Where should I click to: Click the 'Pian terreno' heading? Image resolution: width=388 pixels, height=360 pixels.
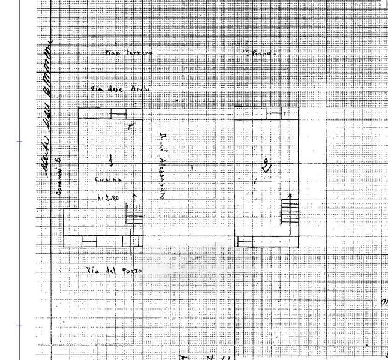129,53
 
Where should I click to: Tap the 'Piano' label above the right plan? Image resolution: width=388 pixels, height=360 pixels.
258,53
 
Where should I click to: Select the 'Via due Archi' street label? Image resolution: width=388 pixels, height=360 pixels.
120,89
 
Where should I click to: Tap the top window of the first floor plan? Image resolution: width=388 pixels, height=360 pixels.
274,113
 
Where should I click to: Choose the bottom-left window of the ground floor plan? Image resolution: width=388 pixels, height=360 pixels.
88,241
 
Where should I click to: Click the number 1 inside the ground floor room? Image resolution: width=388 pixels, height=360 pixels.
110,160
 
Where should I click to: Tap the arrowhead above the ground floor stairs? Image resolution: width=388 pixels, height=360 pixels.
134,196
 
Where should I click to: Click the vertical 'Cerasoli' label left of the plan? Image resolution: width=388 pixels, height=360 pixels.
59,176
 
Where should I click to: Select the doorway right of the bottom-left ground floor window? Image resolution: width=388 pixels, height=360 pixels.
127,241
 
